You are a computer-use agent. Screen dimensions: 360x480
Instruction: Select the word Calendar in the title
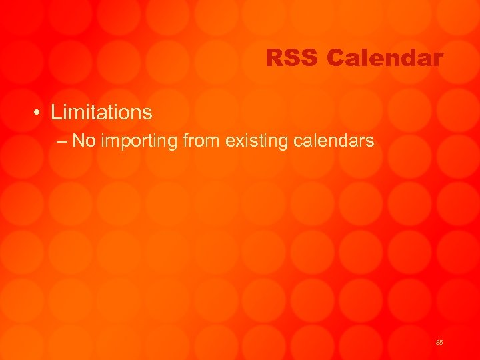[x=385, y=59]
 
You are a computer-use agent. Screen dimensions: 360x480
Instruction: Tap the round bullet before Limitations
[x=40, y=113]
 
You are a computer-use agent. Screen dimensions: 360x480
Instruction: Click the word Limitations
[x=101, y=112]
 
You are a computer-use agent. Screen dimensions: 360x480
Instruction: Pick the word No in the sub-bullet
[x=83, y=141]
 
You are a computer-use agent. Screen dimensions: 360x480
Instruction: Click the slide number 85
[x=439, y=342]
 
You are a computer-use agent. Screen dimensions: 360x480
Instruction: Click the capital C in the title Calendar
[x=336, y=59]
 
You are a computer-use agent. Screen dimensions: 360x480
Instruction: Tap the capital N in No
[x=79, y=141]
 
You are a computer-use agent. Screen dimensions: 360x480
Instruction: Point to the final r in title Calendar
[x=438, y=59]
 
